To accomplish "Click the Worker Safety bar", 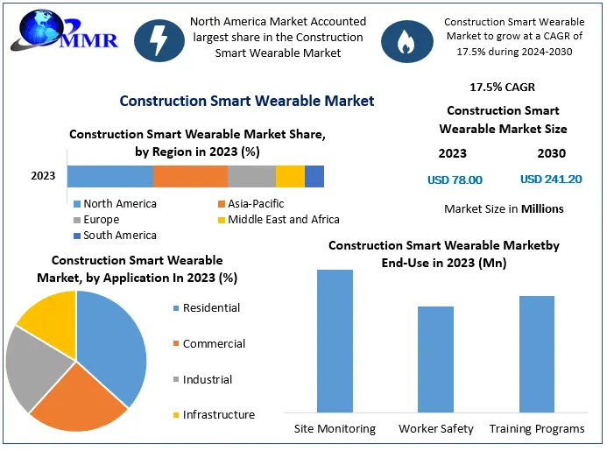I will coord(435,359).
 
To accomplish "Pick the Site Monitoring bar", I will coord(335,341).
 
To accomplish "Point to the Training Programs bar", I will coord(536,354).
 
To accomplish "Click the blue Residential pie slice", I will coord(112,342).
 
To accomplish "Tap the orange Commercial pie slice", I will coord(81,399).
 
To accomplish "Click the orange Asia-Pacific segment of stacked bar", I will coord(190,176).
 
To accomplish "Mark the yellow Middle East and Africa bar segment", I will coord(290,176).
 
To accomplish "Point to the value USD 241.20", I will coord(550,180).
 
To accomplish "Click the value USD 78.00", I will coord(455,180).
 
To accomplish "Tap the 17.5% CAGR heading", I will coord(502,88).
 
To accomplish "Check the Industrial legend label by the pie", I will coord(207,380).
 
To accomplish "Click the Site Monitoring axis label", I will coord(335,429).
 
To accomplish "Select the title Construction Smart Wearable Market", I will coord(247,101).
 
